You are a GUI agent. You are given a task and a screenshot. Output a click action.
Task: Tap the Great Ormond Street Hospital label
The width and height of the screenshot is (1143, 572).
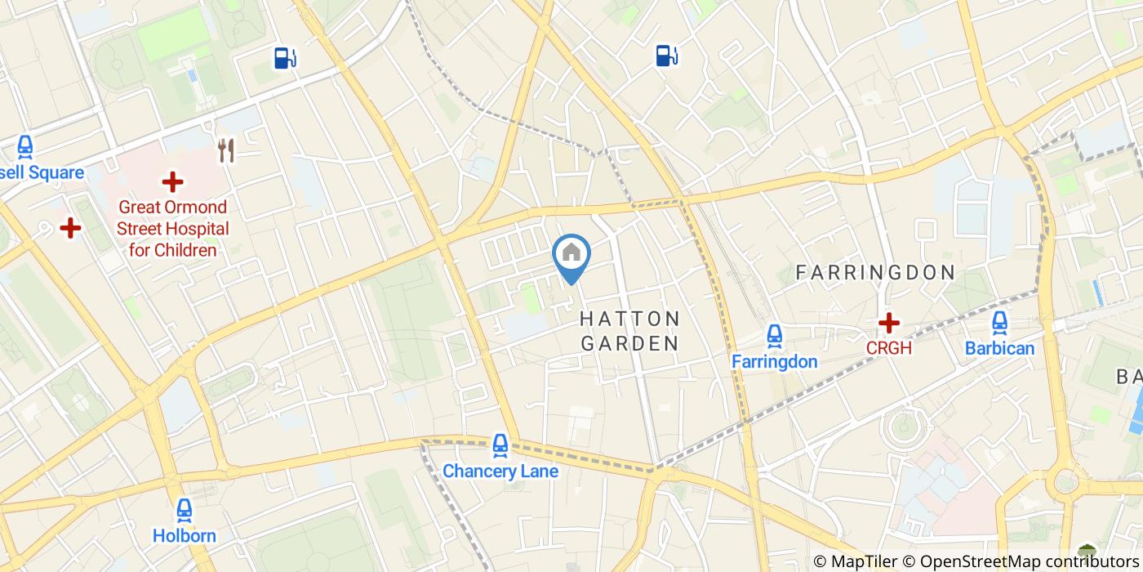tap(172, 229)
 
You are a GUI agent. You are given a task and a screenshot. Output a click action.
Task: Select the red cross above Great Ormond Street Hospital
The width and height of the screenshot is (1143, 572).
tap(172, 182)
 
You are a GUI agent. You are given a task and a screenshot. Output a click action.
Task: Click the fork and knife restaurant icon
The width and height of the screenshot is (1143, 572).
tap(226, 150)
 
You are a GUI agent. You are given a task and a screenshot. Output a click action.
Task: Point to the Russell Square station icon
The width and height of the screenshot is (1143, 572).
tap(25, 148)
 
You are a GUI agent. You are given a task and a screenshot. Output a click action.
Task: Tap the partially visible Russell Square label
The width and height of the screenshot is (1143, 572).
tap(42, 173)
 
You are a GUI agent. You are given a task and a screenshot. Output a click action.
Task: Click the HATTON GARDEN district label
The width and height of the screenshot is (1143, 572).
tap(630, 331)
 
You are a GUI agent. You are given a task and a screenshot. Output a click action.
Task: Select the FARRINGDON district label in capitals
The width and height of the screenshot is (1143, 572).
tap(875, 273)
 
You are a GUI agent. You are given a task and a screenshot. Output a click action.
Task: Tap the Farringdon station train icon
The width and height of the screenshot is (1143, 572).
tap(774, 335)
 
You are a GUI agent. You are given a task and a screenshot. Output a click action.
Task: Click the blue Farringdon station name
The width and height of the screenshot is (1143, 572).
tap(774, 361)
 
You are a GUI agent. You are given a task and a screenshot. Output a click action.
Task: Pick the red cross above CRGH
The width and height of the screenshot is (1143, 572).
tap(888, 323)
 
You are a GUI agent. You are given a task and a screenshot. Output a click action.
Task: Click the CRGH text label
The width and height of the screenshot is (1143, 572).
tap(888, 348)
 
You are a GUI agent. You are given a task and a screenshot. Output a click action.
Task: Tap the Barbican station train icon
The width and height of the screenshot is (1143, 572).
tap(999, 323)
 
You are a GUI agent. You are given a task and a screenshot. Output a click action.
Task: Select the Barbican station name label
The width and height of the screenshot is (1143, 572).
tap(999, 348)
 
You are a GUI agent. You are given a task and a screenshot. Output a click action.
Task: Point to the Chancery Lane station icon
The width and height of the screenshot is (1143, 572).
tap(500, 445)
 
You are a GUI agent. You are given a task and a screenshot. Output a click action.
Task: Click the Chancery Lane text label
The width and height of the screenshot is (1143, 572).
tap(500, 471)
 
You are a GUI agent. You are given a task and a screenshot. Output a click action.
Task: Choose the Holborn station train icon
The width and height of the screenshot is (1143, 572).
tap(185, 511)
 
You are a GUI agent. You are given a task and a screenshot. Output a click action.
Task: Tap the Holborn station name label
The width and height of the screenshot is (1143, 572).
tap(185, 536)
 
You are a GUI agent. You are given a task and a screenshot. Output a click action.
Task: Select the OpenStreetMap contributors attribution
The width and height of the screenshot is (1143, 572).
tap(1029, 561)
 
